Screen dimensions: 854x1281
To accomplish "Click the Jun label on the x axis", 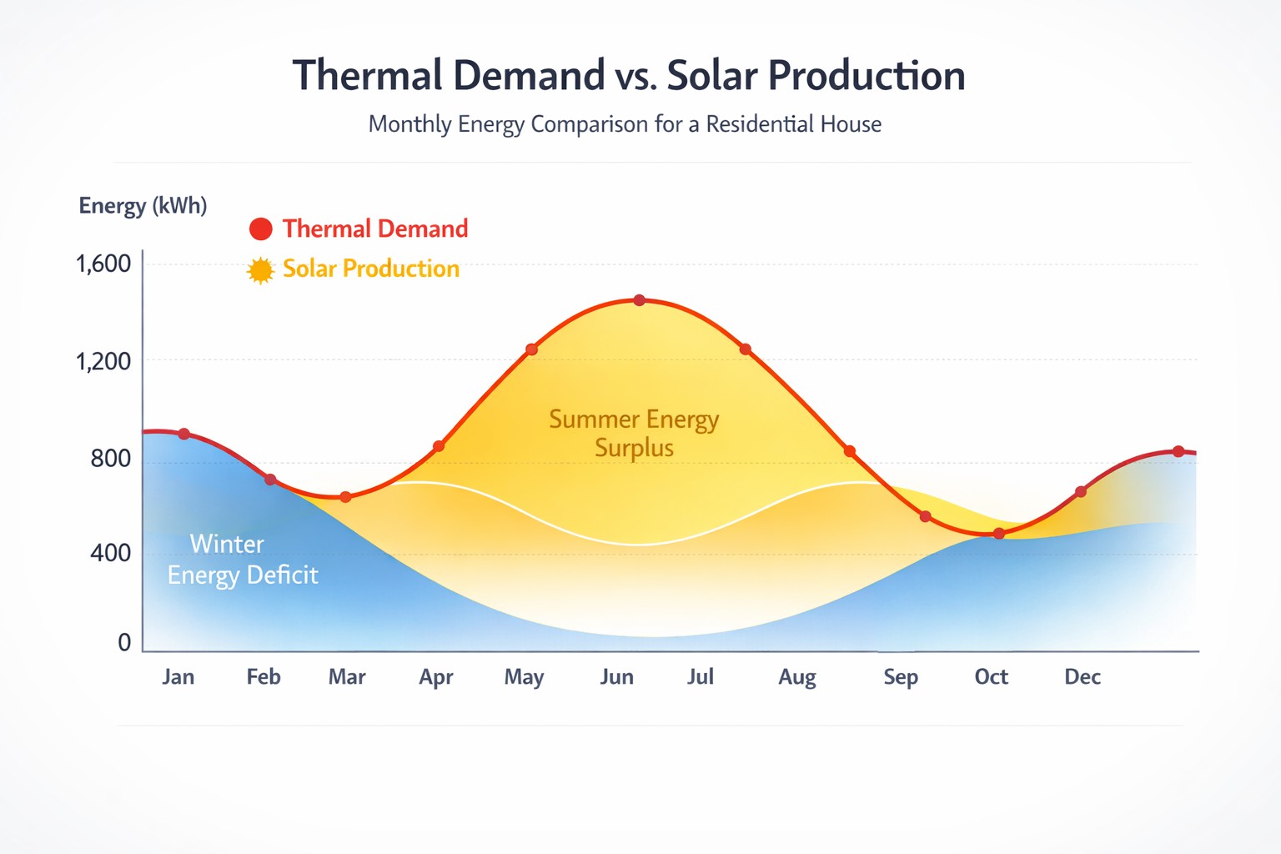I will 616,676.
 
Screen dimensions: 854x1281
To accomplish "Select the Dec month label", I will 1083,676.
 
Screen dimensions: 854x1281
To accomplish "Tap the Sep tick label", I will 901,676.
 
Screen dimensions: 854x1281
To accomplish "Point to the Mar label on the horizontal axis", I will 347,676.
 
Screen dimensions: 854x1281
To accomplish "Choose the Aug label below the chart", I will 797,677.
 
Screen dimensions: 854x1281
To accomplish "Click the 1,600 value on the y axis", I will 103,264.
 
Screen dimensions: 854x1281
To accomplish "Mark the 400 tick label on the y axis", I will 110,552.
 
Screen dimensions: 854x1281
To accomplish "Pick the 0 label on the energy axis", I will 124,642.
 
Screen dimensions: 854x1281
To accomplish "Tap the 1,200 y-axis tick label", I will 103,361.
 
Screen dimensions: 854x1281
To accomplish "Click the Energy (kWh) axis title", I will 143,205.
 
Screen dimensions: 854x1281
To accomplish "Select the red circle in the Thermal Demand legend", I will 261,229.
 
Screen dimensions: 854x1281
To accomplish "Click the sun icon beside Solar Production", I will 260,270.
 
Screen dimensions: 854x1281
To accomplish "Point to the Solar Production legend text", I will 371,269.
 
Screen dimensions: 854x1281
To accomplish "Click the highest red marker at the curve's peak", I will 640,300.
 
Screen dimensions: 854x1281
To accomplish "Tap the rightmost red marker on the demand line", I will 1178,451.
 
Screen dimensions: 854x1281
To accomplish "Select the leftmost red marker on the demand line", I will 184,434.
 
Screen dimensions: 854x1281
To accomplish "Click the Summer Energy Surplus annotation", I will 634,433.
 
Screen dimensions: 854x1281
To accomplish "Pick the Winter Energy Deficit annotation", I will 242,560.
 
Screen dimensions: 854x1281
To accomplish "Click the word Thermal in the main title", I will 367,75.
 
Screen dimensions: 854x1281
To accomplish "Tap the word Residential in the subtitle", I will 760,124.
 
